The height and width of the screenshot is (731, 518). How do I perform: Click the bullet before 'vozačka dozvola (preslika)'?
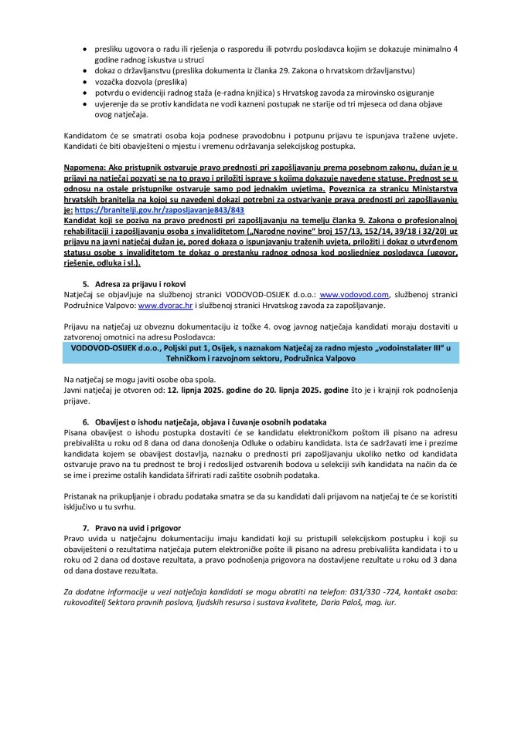(85, 81)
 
